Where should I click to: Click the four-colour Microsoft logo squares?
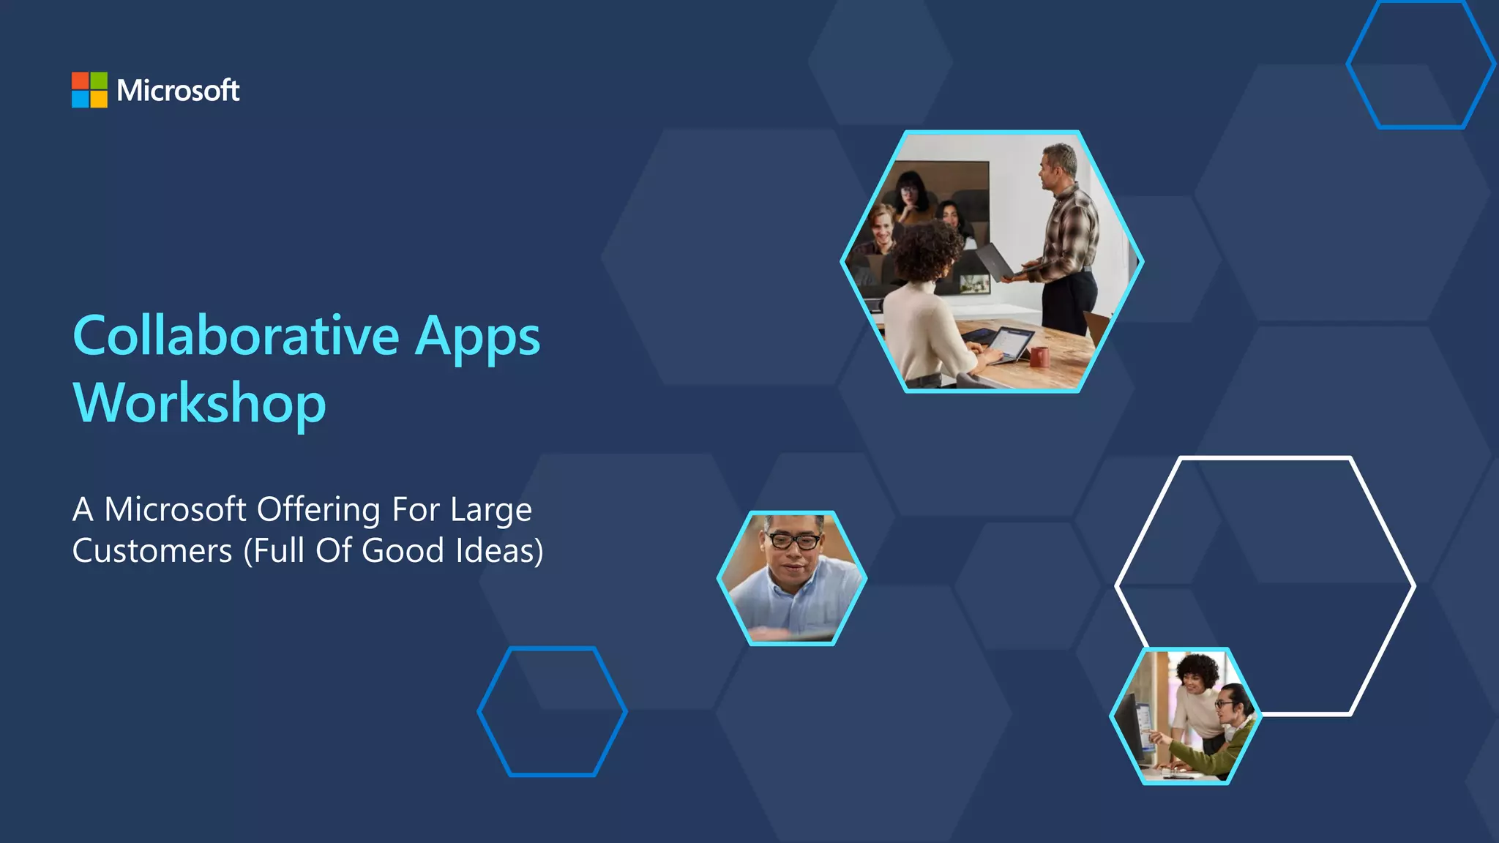(x=89, y=90)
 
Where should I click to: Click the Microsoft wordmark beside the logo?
(x=178, y=90)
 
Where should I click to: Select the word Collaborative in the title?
(x=236, y=336)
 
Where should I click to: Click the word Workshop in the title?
(x=199, y=404)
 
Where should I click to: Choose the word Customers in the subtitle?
(x=152, y=551)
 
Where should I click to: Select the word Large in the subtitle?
(x=491, y=510)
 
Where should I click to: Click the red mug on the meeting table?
(x=1039, y=357)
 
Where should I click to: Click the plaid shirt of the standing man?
(x=1073, y=234)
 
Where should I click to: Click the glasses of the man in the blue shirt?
(x=793, y=542)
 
